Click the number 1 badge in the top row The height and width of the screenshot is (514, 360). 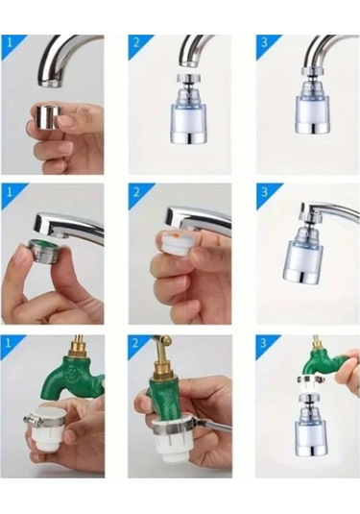tap(10, 43)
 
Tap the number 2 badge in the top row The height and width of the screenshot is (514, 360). tap(137, 43)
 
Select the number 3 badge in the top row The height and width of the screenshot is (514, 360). tap(265, 43)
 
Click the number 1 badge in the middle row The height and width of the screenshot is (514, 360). tap(10, 192)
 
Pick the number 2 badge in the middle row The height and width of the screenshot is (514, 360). tap(137, 192)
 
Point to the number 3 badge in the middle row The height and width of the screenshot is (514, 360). tap(265, 192)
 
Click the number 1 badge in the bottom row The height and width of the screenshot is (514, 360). tap(9, 344)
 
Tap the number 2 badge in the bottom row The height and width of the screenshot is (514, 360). tap(136, 344)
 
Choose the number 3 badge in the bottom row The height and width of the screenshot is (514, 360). tap(264, 344)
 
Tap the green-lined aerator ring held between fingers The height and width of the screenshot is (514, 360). tap(43, 251)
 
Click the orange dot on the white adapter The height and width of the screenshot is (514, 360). tap(177, 235)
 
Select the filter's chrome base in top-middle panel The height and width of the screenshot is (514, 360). tap(187, 137)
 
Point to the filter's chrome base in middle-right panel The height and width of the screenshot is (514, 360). tap(302, 277)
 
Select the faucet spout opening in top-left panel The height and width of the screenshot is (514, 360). tap(53, 84)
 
